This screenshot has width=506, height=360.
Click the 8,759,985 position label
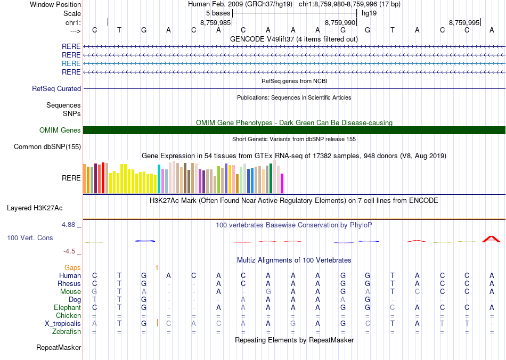(216, 23)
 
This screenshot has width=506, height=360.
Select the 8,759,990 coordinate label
(340, 23)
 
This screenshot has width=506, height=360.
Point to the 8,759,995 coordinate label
(464, 23)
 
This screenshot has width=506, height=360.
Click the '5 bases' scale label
(218, 13)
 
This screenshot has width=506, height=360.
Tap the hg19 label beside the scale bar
(369, 13)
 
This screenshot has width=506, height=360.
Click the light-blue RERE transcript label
(71, 63)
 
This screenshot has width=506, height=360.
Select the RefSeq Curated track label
(56, 89)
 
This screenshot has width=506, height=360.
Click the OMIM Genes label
(60, 130)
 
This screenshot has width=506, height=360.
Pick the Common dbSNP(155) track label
(47, 147)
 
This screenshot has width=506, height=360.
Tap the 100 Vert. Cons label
(30, 238)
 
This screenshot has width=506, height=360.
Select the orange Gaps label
(72, 267)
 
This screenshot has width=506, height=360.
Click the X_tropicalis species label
(63, 323)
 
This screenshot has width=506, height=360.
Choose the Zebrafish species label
(67, 331)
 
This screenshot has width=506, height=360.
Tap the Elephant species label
(67, 307)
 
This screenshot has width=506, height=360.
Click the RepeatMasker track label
(59, 348)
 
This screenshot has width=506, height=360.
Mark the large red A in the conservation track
(491, 239)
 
